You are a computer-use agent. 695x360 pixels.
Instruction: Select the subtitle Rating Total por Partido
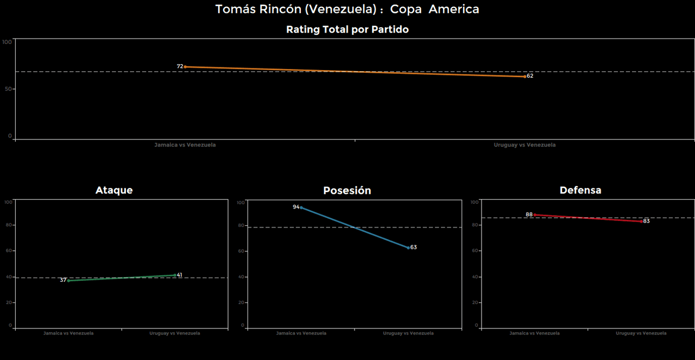pos(347,30)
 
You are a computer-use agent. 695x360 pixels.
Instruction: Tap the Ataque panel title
pos(114,190)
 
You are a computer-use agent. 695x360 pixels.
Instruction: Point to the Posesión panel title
pos(347,191)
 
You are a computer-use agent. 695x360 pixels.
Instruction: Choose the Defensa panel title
pos(580,190)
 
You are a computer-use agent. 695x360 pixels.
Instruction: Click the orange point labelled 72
pos(185,67)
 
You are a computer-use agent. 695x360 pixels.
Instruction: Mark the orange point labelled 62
pos(525,77)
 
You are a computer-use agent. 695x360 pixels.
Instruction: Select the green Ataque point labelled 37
pos(68,281)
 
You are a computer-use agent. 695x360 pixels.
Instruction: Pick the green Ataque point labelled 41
pos(175,275)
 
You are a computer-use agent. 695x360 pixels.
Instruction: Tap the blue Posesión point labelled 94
pos(301,207)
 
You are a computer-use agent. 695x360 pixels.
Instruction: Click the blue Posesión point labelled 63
pos(408,248)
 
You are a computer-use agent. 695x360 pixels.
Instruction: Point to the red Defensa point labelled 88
pos(535,215)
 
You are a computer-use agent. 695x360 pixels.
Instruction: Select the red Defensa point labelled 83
pos(641,222)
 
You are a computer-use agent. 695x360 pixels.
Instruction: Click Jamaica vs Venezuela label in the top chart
pos(185,145)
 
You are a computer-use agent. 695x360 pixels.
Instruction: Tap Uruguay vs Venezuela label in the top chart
pos(525,145)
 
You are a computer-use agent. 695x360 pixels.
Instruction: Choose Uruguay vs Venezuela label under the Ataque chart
pos(175,333)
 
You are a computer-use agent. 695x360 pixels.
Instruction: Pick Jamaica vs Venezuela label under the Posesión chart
pos(301,333)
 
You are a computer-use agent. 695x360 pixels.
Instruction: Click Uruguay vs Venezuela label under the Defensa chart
pos(641,333)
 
